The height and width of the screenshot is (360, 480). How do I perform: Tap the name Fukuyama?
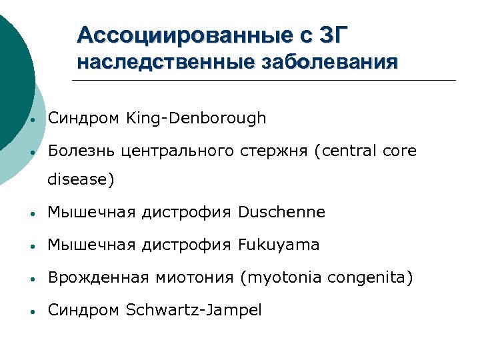click(x=279, y=245)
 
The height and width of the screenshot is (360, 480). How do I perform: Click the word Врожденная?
click(x=92, y=277)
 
